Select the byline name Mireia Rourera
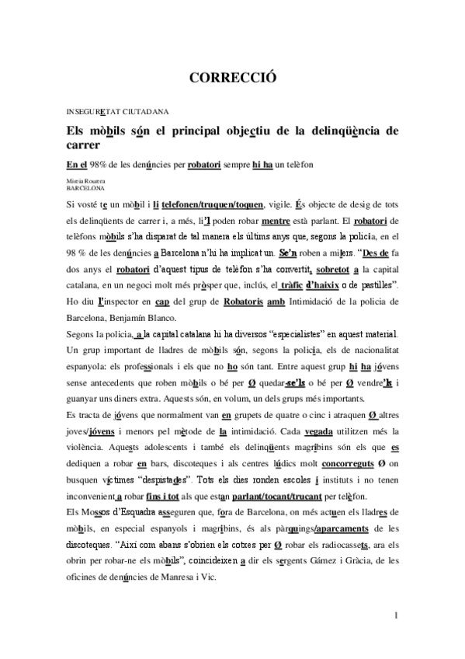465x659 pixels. tap(85, 180)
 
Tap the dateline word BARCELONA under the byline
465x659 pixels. tap(85, 187)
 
